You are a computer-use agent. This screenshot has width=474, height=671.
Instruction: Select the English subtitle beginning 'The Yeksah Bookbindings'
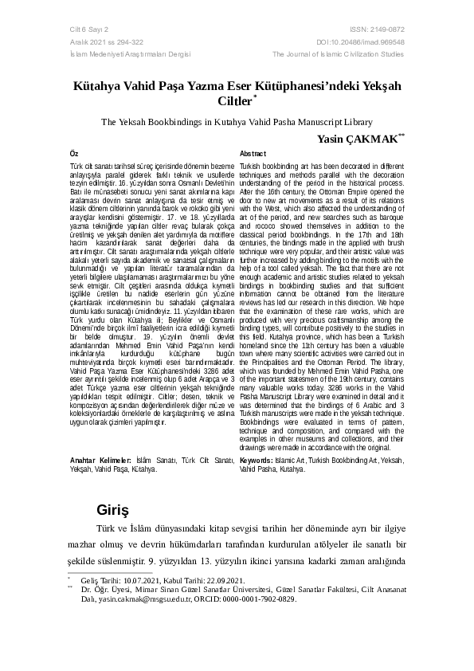click(237, 123)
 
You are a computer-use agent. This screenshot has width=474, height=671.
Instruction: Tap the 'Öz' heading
click(74, 153)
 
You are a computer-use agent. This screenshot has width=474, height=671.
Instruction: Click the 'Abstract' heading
click(253, 153)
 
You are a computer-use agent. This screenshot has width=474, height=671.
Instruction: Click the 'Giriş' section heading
click(112, 508)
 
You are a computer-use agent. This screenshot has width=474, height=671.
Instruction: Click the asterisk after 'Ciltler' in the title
click(255, 99)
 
